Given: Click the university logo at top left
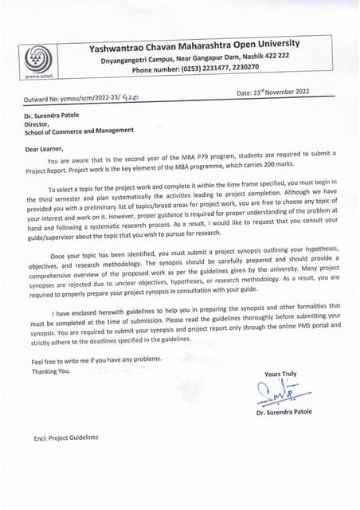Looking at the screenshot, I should pyautogui.click(x=34, y=61).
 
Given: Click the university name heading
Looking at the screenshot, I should pyautogui.click(x=194, y=44).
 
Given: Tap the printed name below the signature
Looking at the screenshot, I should pyautogui.click(x=284, y=412).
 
